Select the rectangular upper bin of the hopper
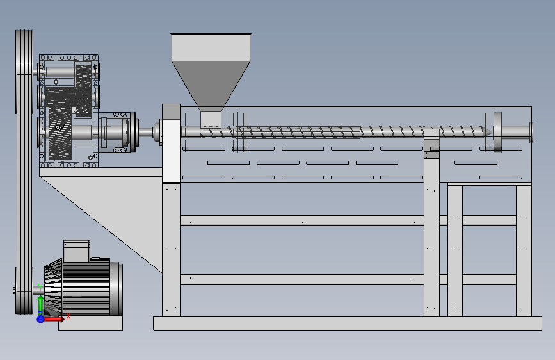click(x=211, y=47)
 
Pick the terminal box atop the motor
click(x=77, y=251)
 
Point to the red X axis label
click(x=68, y=316)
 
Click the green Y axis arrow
click(x=40, y=304)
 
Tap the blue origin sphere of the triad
click(x=40, y=319)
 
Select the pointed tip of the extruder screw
click(x=490, y=133)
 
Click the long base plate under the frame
click(x=347, y=323)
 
